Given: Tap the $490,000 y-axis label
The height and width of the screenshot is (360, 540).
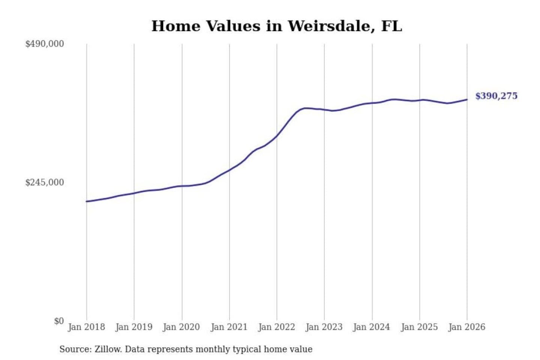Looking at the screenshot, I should coord(45,44).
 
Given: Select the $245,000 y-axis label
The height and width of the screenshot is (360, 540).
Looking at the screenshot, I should coord(45,183).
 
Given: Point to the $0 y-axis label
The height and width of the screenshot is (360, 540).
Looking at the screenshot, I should coord(59,321).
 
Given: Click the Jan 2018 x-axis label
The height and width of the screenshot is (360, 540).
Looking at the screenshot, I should coord(86,327).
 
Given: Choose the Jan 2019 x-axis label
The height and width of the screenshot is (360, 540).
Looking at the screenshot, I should coord(134,327).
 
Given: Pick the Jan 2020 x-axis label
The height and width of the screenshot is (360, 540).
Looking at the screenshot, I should coord(181,327).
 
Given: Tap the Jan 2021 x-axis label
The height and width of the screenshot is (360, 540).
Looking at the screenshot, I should coord(229,327).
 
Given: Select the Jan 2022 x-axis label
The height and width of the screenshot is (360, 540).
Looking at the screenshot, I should coord(277,327).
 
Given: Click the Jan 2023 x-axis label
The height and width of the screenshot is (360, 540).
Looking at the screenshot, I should coord(324,327).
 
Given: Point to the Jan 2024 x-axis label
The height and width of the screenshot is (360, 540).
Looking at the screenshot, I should coord(372,327).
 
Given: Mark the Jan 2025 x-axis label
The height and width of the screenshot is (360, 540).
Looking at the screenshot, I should coord(419,327).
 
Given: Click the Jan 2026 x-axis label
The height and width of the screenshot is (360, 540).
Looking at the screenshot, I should coord(467,327).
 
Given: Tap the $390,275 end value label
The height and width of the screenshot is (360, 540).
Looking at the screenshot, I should coord(496,96).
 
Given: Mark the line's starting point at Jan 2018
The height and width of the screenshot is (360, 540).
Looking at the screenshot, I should coord(87,201).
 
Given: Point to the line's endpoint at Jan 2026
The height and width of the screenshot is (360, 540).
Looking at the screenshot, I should coord(467,99).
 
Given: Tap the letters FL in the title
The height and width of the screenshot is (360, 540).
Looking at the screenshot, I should coord(391,26).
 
